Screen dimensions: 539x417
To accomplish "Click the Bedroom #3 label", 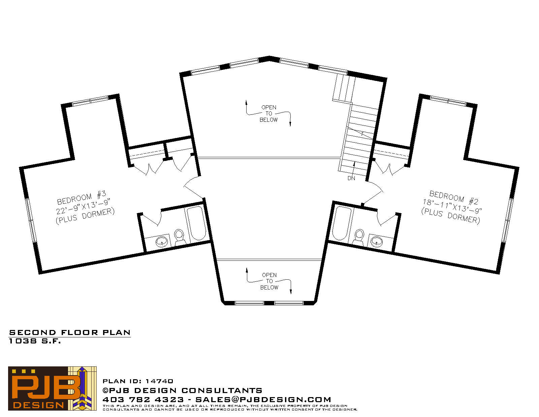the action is point(82,197).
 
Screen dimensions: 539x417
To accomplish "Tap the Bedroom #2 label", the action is point(454,197).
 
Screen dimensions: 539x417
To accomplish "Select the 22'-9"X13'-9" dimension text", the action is point(83,206).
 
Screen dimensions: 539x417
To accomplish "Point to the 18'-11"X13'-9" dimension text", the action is point(452,206).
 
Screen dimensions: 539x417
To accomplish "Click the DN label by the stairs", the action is point(351,178).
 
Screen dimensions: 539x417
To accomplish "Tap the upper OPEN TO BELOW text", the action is point(268,113).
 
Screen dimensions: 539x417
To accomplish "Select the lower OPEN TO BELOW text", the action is point(269,281).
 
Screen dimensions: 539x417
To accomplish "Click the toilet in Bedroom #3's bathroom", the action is point(180,238).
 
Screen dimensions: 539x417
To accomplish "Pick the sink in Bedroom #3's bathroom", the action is point(162,241).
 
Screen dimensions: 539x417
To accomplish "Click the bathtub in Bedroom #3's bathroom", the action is point(197,223).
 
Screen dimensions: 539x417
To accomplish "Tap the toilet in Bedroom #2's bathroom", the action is point(359,238).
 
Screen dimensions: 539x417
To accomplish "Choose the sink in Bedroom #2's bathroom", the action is point(377,241).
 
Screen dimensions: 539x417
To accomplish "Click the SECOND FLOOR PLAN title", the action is point(70,333).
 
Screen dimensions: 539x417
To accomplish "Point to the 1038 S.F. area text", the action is point(35,341).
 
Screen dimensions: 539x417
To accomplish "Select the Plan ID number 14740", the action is point(159,381).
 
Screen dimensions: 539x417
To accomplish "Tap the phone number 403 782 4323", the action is point(143,399).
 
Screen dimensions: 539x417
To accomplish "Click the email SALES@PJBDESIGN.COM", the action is point(263,399).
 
